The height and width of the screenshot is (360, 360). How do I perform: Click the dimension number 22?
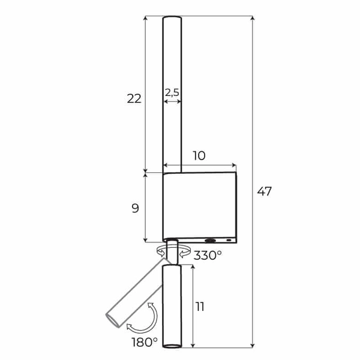click(134, 99)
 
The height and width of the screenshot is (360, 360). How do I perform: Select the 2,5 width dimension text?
click(172, 92)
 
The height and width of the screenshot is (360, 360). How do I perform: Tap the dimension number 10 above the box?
click(199, 156)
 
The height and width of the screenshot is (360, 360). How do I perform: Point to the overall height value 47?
click(265, 192)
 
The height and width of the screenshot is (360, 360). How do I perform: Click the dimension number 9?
click(135, 208)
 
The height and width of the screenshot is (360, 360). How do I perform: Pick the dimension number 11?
click(200, 307)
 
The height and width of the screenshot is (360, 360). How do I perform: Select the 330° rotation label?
click(208, 255)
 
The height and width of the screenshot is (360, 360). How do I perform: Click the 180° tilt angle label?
click(144, 342)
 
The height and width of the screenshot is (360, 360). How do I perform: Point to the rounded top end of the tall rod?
click(172, 20)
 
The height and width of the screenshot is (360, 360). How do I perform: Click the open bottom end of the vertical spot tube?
click(172, 345)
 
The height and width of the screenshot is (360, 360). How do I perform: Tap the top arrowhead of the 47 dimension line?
click(252, 19)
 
